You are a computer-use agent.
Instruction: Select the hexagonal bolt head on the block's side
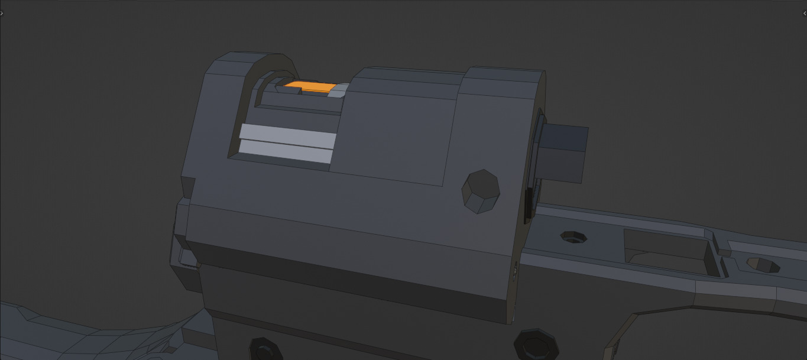click(x=481, y=191)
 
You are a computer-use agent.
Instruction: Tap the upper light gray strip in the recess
click(x=288, y=135)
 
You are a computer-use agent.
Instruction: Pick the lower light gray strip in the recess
click(x=286, y=151)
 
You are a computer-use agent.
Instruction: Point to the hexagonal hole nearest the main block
click(x=573, y=238)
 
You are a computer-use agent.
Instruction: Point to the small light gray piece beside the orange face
click(x=339, y=91)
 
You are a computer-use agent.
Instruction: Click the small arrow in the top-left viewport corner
click(x=2, y=13)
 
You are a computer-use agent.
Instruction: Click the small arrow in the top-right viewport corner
click(x=805, y=13)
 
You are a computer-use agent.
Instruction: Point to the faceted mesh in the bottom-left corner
click(x=89, y=337)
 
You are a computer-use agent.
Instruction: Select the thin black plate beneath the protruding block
click(x=529, y=204)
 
